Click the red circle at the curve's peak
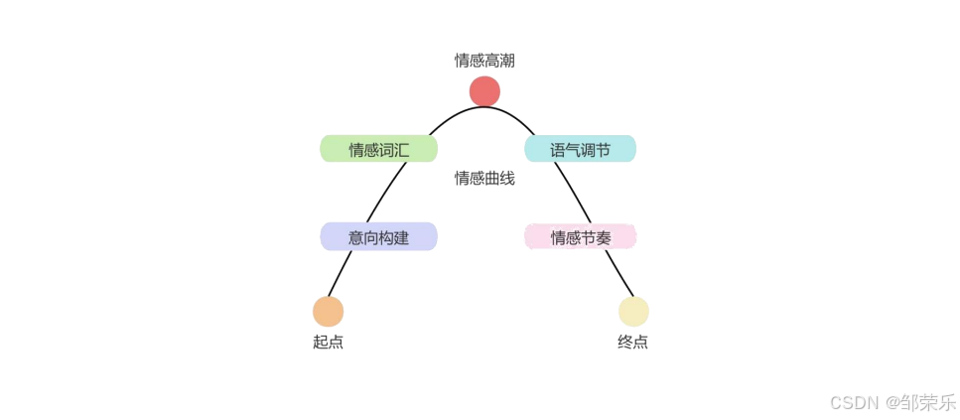(484, 91)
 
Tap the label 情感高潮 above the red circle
(484, 61)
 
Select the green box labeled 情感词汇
(378, 149)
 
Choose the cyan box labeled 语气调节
(580, 149)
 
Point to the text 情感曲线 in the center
(484, 179)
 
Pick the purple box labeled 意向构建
(378, 237)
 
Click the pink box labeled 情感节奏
(580, 237)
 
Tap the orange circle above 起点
(328, 312)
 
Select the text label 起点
(328, 343)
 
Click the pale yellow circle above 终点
(633, 312)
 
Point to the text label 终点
(633, 343)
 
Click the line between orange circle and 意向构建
(341, 273)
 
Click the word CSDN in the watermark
(854, 402)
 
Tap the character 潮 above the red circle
(507, 61)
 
